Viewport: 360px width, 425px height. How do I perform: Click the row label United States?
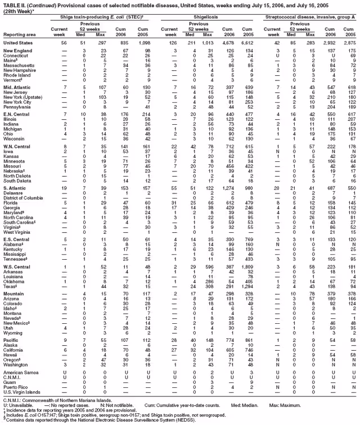[16, 42]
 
